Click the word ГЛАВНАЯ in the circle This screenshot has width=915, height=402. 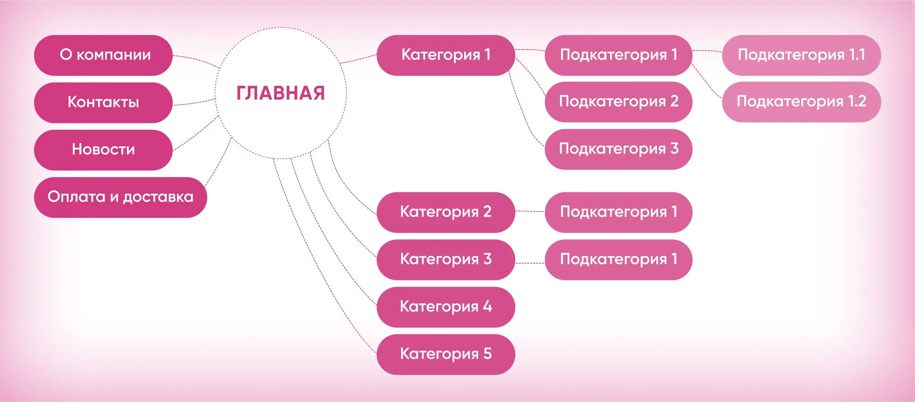coord(280,93)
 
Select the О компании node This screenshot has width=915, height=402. coord(103,55)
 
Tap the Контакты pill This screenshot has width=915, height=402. coord(103,103)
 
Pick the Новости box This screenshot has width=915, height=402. coord(103,150)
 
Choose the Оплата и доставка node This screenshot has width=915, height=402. coord(121,197)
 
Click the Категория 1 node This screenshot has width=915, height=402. coord(446,55)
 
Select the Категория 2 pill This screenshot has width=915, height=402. coord(446,212)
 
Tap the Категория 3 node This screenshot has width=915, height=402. coord(446,260)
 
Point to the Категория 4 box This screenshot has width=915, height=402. coord(446,307)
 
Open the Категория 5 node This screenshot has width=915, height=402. coord(446,354)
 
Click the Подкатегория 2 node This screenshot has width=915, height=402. coord(618,102)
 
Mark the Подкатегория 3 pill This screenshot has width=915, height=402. coord(618,149)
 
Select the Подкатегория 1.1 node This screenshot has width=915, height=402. coord(801,55)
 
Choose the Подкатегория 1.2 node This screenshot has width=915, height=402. coord(801,102)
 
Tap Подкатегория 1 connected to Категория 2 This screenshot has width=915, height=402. coord(618,212)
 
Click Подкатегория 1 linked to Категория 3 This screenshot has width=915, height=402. coord(618,260)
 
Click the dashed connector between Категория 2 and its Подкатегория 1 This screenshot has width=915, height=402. coord(530,212)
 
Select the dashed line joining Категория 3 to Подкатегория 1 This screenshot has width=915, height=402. coord(530,263)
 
